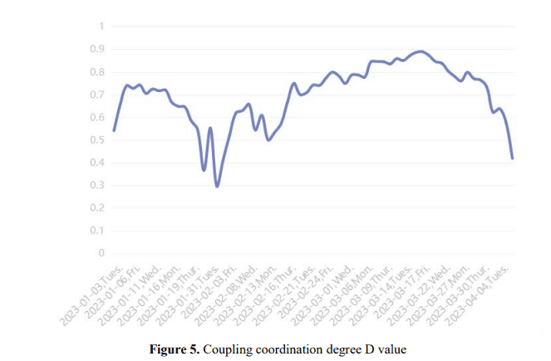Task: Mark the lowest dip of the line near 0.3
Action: coord(218,186)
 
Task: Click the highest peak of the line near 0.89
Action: coord(421,51)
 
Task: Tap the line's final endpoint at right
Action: coord(513,158)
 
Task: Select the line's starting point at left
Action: coord(114,130)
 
